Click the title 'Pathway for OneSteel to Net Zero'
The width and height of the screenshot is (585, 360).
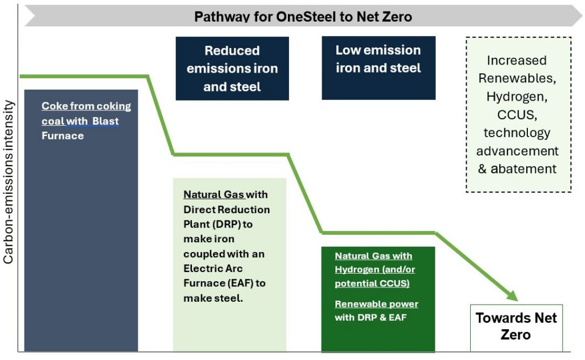pos(303,17)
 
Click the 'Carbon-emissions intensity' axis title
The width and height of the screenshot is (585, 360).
pos(8,182)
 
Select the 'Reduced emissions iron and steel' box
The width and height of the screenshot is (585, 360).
pos(232,68)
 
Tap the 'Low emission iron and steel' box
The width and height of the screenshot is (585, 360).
pos(378,68)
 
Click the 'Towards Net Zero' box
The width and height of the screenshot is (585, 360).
pos(516,327)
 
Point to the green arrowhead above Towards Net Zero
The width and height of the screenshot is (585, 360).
pos(512,295)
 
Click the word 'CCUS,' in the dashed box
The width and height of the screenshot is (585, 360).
pos(516,114)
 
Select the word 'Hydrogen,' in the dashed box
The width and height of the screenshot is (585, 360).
pos(516,97)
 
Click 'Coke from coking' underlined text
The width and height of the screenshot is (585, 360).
pos(86,106)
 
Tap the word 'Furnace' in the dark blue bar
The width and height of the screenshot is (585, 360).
pos(63,135)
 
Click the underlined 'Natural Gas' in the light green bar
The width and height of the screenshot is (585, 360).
pos(214,194)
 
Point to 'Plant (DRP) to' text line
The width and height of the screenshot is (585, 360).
pos(218,224)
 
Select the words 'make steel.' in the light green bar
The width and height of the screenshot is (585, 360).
pos(213,298)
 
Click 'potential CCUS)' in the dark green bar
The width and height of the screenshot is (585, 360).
pos(372,283)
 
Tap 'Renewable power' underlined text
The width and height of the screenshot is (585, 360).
pos(376,304)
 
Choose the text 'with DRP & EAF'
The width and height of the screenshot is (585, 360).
pos(370,318)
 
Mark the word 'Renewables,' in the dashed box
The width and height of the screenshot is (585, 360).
pos(517,78)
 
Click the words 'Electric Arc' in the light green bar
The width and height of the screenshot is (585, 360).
pos(213,269)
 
